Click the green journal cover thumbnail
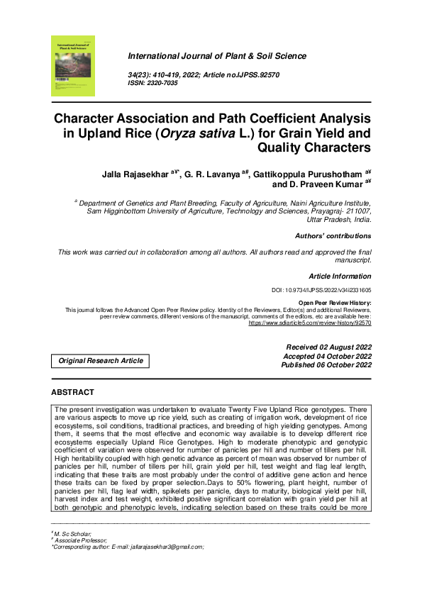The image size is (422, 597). coord(73,65)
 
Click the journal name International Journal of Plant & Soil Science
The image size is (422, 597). coord(217,56)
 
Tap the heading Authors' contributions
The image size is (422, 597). coord(333,236)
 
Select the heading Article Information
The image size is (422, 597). coord(340,276)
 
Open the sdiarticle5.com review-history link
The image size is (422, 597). coord(310,323)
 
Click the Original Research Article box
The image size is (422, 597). coord(101,361)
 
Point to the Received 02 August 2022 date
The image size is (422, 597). coord(328,347)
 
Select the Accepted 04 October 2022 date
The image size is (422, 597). coord(328,356)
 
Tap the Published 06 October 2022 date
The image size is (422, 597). coord(327,365)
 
